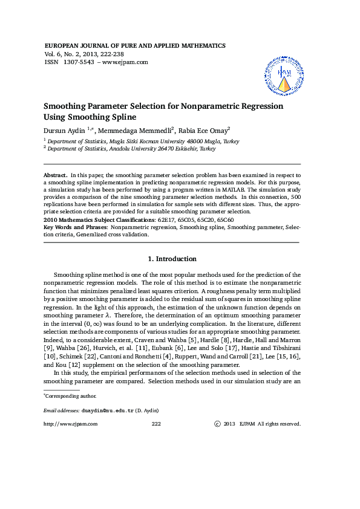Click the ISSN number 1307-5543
click(77, 62)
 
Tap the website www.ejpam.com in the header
click(125, 62)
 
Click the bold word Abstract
click(56, 174)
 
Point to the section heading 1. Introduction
click(172, 259)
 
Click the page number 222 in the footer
click(155, 424)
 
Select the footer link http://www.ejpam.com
click(71, 424)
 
